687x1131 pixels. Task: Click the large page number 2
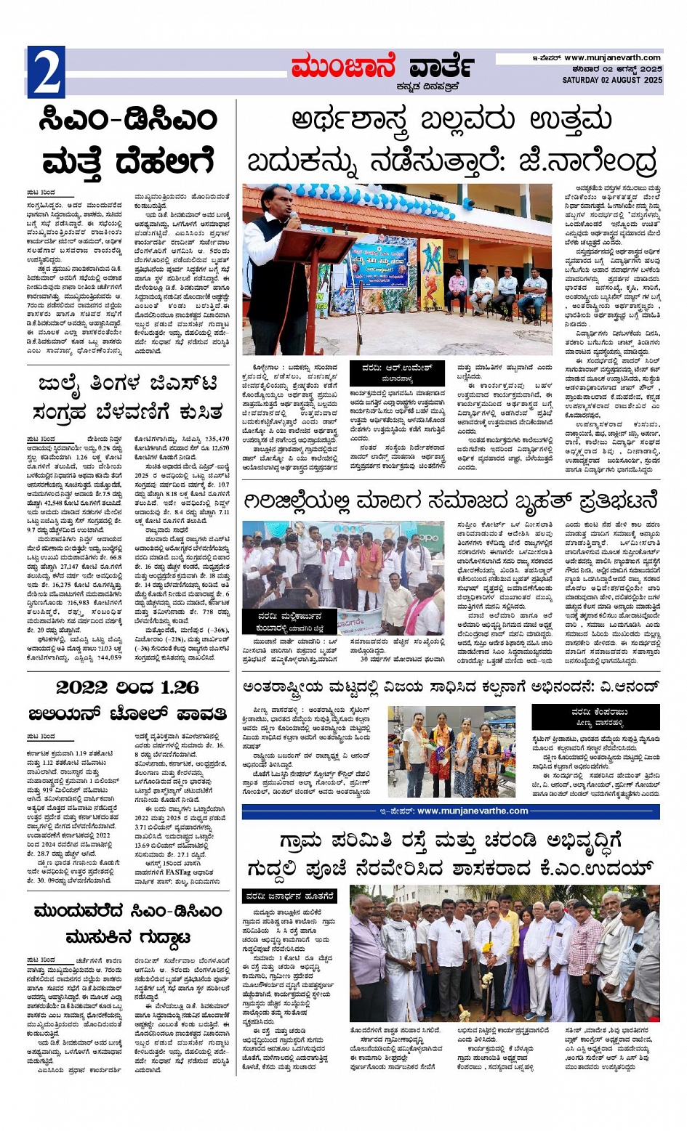click(x=46, y=72)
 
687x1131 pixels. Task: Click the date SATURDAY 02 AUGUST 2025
click(x=612, y=80)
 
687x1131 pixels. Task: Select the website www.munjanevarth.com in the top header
click(x=613, y=58)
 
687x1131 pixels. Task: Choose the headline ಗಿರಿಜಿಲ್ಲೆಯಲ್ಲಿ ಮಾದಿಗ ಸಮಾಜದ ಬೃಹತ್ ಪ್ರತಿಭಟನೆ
click(x=451, y=501)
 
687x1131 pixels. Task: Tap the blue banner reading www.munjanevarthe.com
click(x=451, y=811)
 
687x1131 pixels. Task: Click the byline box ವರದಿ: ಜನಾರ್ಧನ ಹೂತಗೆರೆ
click(x=289, y=896)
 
